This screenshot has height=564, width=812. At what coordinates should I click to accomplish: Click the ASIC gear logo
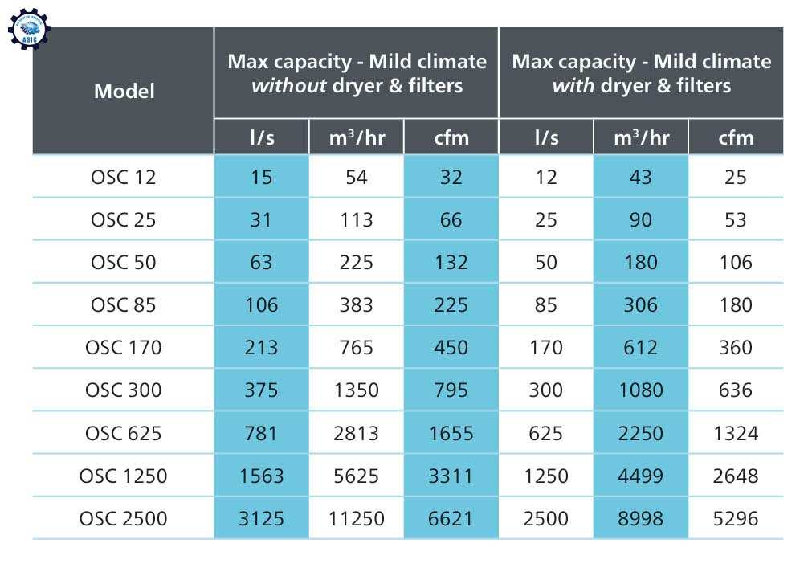[29, 27]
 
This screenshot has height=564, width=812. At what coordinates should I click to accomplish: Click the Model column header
[124, 91]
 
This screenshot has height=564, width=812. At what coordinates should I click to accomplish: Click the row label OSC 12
[124, 177]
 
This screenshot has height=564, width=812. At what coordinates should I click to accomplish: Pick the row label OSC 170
[124, 348]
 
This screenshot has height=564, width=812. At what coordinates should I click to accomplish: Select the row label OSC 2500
[124, 518]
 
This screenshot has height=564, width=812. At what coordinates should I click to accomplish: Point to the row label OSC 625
[124, 433]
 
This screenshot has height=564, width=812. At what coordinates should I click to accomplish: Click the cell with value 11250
[356, 518]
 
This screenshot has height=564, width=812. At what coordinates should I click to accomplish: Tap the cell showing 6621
[451, 518]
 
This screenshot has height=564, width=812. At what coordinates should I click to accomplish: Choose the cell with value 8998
[640, 518]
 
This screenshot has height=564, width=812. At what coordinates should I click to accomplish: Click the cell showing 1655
[451, 433]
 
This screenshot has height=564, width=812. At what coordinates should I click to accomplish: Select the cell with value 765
[356, 348]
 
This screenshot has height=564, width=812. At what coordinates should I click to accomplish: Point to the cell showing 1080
[640, 390]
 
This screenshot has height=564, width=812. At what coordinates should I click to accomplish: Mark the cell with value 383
[356, 305]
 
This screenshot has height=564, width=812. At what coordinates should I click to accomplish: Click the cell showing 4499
[640, 476]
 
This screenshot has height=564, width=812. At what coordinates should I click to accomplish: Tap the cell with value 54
[356, 177]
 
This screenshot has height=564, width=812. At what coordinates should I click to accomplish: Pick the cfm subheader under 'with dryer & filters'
[736, 137]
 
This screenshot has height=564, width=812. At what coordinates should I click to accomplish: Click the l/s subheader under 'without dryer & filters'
[261, 137]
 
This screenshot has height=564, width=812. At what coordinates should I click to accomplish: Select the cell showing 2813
[356, 433]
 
